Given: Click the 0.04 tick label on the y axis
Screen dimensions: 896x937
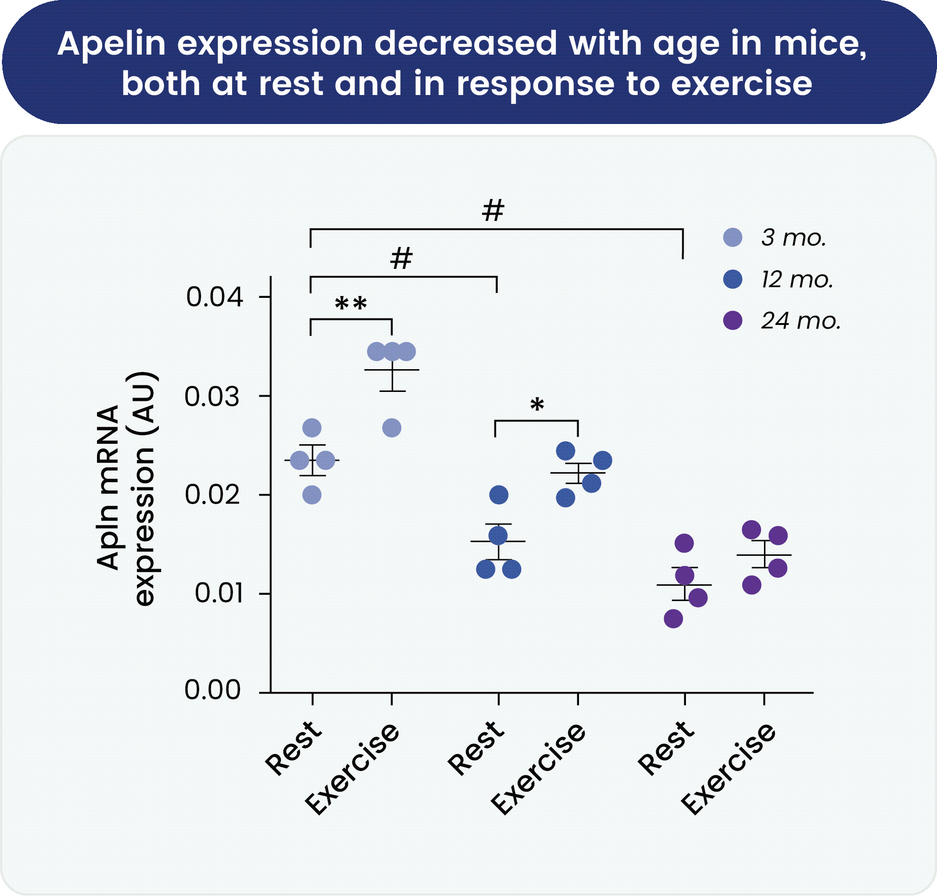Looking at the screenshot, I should (214, 297).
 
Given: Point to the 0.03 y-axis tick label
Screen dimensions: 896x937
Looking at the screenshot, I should (212, 396).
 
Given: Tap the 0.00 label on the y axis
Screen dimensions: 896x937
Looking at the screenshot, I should (212, 690).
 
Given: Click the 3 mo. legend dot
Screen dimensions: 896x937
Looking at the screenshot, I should (733, 238).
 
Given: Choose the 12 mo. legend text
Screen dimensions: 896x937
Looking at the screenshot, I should (797, 279).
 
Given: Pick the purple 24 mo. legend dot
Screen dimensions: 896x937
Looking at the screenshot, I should (733, 320).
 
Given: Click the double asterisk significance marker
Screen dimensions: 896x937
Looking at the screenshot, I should (351, 304).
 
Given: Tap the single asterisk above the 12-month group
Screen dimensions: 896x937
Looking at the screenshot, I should (537, 405).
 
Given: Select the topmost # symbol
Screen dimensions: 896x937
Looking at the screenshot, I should (493, 210).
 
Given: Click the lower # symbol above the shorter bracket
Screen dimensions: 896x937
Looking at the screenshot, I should (401, 258).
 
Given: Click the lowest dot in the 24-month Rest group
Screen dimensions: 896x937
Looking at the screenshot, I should (673, 619).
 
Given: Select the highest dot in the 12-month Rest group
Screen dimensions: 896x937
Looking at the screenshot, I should (499, 495).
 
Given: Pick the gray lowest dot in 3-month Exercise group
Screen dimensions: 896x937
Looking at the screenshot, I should (392, 428).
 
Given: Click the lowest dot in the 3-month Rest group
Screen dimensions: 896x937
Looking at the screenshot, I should (312, 496).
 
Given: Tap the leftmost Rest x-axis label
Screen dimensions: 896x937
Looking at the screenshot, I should (293, 747).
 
